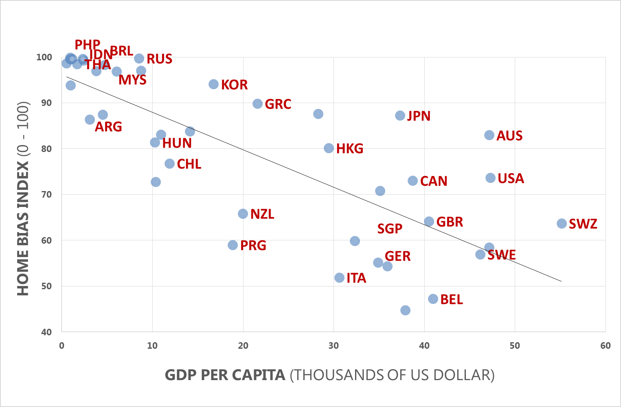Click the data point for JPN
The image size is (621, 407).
[400, 116]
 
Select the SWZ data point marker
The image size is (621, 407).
[562, 224]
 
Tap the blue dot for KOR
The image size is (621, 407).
[213, 84]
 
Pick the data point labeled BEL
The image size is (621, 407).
[433, 299]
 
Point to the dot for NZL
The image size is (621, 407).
[243, 214]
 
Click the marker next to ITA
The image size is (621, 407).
[339, 278]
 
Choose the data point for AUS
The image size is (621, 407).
[489, 135]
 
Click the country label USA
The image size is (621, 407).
[511, 178]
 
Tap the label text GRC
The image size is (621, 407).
[278, 104]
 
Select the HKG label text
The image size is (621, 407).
[349, 149]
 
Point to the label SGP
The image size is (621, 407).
[389, 229]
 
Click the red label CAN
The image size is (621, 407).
[433, 181]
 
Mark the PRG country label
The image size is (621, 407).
[253, 246]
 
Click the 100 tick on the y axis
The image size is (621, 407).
[44, 57]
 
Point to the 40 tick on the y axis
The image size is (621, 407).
[46, 332]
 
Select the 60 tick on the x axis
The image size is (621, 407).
[605, 346]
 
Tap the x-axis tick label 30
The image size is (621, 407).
[334, 346]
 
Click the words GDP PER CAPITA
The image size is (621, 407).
[225, 375]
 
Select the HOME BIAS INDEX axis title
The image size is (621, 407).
[23, 228]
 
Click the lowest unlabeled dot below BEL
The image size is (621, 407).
[405, 310]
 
